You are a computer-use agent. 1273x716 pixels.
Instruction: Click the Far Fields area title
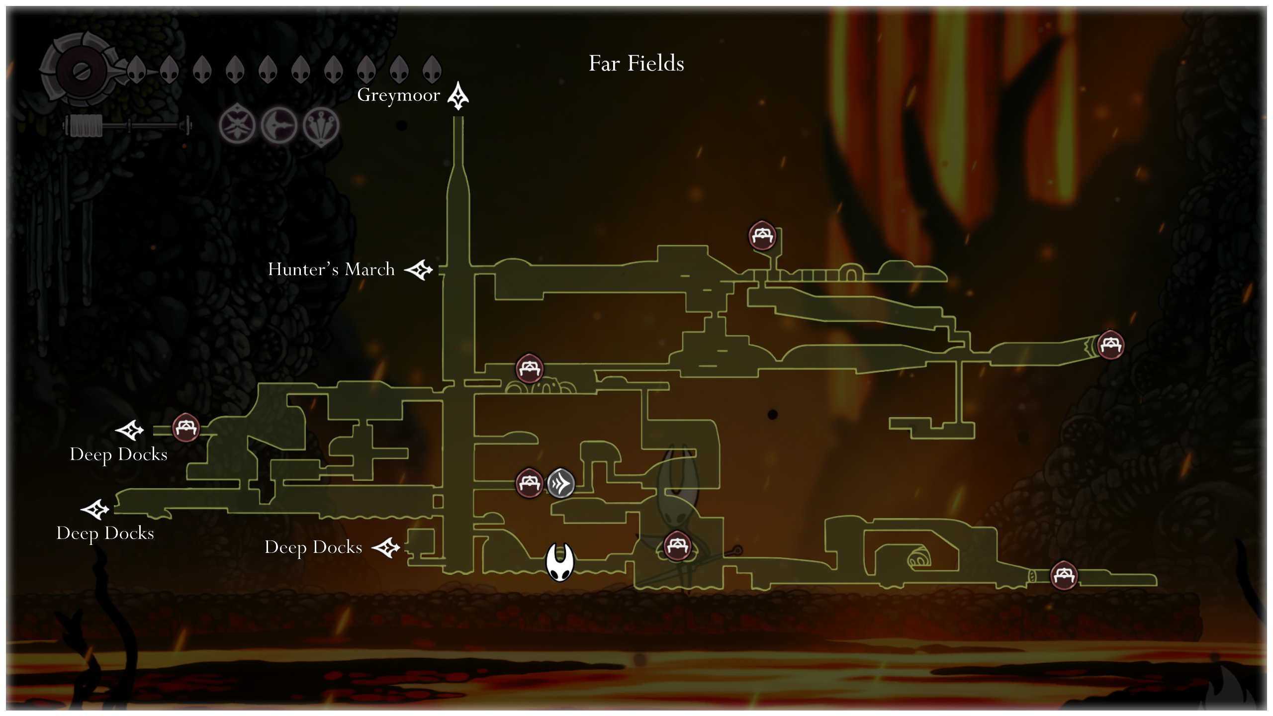[636, 64]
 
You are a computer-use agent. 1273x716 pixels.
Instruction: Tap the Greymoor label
[399, 95]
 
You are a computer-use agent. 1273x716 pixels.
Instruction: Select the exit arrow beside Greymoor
[458, 96]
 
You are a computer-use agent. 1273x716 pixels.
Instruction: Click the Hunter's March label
[331, 269]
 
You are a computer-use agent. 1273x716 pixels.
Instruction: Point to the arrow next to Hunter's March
[419, 270]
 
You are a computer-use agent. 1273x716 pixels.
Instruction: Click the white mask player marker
[560, 562]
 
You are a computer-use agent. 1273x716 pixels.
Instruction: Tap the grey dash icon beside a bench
[561, 483]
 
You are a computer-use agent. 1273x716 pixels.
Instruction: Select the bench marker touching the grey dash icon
[529, 482]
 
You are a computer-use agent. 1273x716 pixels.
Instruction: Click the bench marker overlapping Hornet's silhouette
[677, 545]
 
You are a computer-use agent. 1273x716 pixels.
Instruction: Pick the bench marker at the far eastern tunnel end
[1110, 345]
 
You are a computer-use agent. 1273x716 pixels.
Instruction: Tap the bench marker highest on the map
[762, 235]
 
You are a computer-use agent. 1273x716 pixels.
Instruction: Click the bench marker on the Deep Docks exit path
[186, 428]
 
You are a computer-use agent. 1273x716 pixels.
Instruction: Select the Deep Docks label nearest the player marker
[313, 547]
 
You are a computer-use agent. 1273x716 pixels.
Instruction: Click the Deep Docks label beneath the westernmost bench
[118, 454]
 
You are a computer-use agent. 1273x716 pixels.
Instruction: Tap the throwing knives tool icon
[321, 125]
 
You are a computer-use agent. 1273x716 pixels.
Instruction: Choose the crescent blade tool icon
[279, 125]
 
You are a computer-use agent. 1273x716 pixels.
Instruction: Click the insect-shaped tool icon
[237, 125]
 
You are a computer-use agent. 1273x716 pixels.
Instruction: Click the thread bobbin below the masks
[127, 126]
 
